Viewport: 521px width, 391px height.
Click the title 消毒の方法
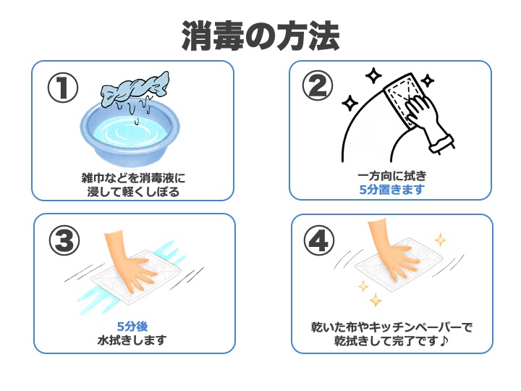coord(260,34)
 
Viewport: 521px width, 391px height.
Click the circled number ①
coord(62,87)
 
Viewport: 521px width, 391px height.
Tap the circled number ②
coord(319,86)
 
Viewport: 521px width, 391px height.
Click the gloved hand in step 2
coord(427,119)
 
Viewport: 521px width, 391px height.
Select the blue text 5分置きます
coord(391,190)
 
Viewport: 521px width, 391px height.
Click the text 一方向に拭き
coord(391,176)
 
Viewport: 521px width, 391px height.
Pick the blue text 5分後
coord(132,326)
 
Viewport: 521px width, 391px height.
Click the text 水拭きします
coord(132,340)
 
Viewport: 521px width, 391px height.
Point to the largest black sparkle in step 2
coord(373,76)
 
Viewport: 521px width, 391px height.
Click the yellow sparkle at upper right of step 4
coord(439,240)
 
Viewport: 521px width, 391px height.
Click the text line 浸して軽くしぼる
coord(133,192)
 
